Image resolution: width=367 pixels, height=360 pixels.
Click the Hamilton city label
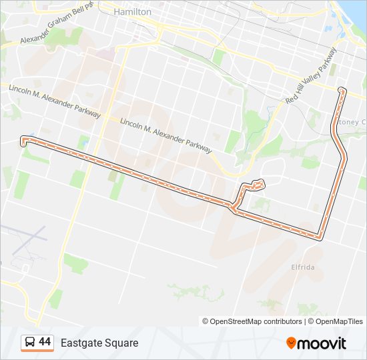133,12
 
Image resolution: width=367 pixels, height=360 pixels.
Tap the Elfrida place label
302,267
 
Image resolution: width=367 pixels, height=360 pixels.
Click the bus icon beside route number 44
29,343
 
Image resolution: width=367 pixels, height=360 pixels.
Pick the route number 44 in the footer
45,342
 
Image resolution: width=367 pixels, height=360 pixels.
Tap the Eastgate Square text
99,343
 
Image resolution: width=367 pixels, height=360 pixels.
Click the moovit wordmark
322,343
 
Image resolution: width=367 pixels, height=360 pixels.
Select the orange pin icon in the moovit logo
291,343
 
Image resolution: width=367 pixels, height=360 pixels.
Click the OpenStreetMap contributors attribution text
252,321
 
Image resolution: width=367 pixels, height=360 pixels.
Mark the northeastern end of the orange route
342,89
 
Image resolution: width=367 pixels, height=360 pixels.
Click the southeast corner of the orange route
322,235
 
